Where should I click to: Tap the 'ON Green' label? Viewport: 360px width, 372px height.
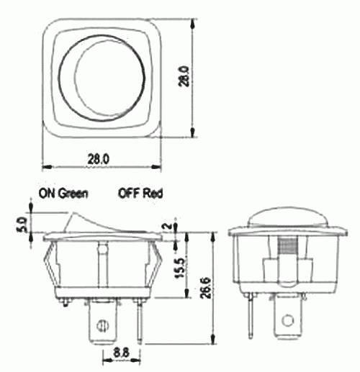tap(63, 193)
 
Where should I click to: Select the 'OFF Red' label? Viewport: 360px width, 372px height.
tap(140, 193)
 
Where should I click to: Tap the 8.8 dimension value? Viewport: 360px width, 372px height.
tap(121, 353)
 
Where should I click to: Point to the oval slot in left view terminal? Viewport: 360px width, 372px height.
tap(102, 324)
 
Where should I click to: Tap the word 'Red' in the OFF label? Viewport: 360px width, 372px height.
tap(154, 193)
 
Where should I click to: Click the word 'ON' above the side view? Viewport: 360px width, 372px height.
tap(47, 193)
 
